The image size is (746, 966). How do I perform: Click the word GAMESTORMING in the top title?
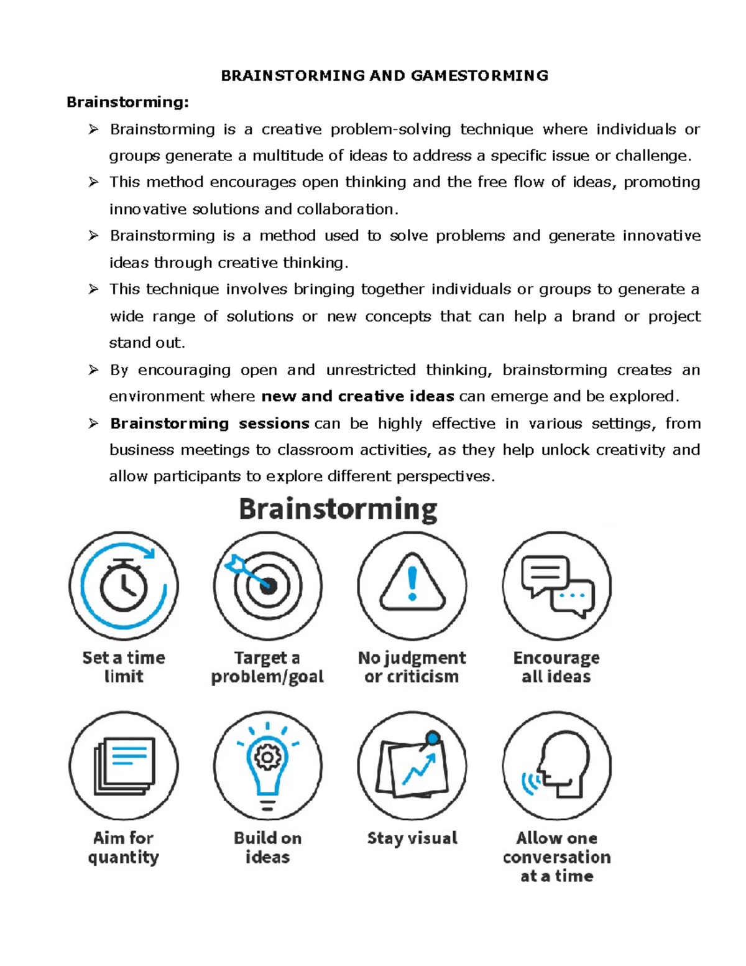pos(479,76)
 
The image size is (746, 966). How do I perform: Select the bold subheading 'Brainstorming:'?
pos(127,102)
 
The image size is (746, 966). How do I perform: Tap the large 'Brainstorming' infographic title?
pos(338,509)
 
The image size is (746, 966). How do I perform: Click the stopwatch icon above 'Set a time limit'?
pos(124,585)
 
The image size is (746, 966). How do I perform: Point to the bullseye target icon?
pos(267,585)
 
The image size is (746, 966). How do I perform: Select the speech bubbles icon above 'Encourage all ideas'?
pos(557,585)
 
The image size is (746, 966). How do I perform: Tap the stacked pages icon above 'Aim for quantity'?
pos(124,766)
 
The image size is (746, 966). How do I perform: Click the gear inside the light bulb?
pos(268,757)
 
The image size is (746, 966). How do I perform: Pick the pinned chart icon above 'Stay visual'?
pos(412,767)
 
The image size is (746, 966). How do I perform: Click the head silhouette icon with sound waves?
pos(557,766)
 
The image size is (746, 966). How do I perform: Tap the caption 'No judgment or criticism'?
pos(412,667)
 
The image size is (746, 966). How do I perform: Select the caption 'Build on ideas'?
pos(267,847)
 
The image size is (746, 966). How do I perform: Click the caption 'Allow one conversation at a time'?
pos(556,857)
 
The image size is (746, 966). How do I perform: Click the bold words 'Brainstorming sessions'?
pos(210,424)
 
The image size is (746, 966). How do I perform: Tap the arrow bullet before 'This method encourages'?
pos(93,182)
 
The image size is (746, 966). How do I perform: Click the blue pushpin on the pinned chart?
pos(433,738)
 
